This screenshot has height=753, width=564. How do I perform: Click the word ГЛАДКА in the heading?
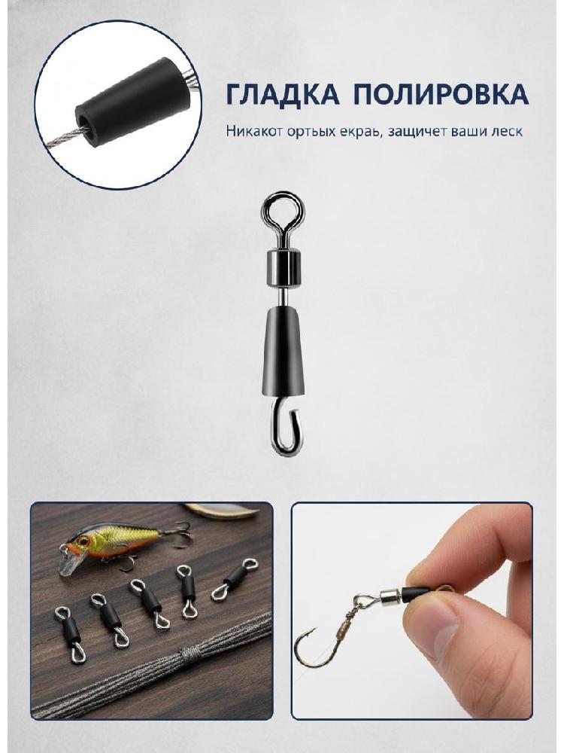tap(282, 94)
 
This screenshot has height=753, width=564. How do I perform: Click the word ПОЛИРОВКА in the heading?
tap(441, 94)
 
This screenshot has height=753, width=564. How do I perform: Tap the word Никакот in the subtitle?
tap(253, 131)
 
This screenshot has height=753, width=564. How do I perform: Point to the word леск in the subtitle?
tap(507, 132)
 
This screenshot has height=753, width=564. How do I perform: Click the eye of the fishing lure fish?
tap(83, 541)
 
